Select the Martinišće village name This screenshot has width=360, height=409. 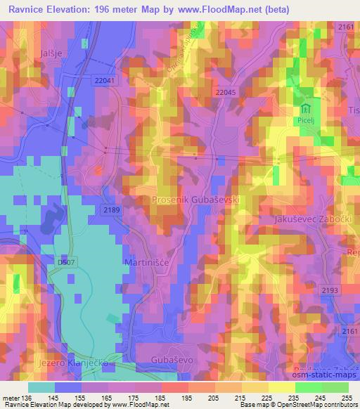tap(147, 261)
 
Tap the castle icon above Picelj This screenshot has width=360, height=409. tap(306, 110)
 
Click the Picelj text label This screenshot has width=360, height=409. tap(306, 121)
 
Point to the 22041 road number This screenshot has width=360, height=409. tap(104, 81)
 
